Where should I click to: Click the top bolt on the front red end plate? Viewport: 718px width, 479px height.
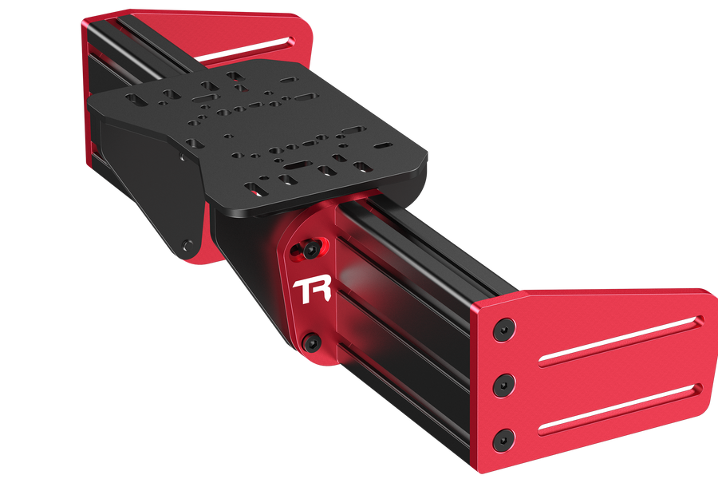click(x=502, y=329)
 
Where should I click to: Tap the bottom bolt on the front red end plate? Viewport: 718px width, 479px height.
click(x=503, y=438)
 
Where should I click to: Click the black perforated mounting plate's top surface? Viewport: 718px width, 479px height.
click(x=263, y=136)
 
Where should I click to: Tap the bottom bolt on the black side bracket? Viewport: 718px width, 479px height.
click(x=187, y=245)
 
